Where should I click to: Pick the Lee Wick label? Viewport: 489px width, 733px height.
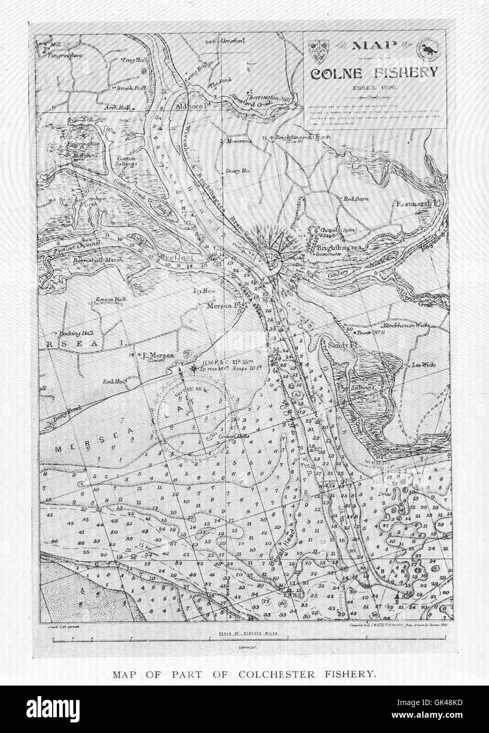(x=421, y=364)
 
